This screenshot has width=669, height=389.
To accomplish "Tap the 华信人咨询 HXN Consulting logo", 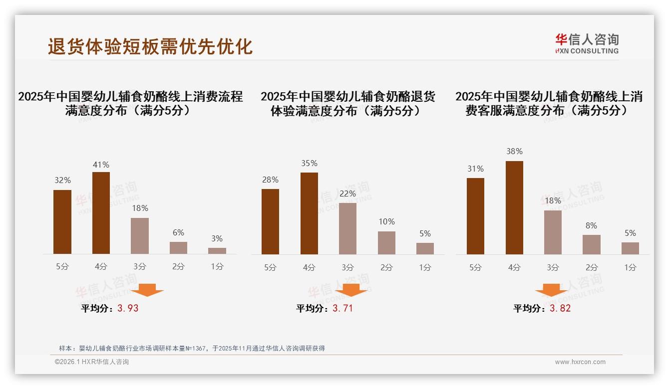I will [x=587, y=44].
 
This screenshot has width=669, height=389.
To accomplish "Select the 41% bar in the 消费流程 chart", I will [x=101, y=213].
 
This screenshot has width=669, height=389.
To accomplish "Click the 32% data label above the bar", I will [x=62, y=181].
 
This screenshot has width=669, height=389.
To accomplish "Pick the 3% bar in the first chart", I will [x=217, y=251].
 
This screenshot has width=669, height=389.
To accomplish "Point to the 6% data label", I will [x=178, y=232].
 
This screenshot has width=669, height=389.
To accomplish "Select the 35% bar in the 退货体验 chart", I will [x=309, y=213].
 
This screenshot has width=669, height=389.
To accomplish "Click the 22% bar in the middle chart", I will [x=347, y=228].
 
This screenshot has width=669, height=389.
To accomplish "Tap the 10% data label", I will [x=386, y=221].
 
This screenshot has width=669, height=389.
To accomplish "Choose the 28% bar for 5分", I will [x=270, y=221].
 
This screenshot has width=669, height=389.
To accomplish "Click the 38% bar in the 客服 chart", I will [x=514, y=207].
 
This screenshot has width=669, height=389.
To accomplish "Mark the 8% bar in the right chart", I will [x=592, y=244].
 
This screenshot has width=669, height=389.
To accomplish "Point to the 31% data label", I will [x=475, y=169].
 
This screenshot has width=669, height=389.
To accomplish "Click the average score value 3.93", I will [x=128, y=308].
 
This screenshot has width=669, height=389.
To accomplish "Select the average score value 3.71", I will [x=342, y=308].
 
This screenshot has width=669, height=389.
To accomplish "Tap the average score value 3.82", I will [x=560, y=308].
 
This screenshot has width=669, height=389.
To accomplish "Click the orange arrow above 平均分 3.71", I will [x=351, y=290].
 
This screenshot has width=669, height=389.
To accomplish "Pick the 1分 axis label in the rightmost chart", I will [x=630, y=267].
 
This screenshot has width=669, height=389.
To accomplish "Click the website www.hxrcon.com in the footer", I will [x=580, y=362].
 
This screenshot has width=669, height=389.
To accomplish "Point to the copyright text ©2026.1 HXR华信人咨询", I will [x=92, y=362].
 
